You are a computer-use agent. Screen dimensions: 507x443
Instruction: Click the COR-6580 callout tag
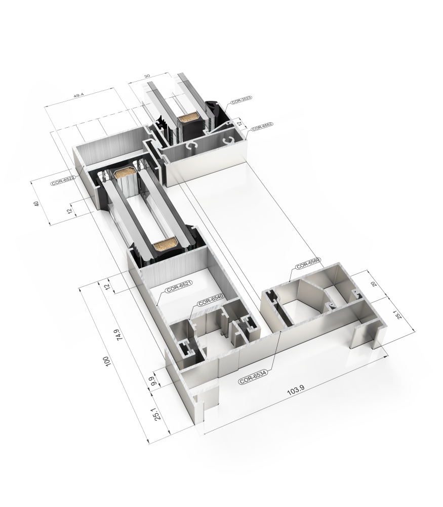(x=307, y=264)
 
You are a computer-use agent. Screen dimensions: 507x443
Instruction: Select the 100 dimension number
(x=106, y=361)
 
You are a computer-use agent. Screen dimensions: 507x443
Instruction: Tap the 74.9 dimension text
(x=117, y=335)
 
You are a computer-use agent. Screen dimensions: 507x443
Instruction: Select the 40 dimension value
(x=36, y=203)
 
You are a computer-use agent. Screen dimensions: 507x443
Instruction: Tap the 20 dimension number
(x=374, y=283)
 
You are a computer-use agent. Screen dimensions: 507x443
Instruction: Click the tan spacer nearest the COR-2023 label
(x=187, y=119)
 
